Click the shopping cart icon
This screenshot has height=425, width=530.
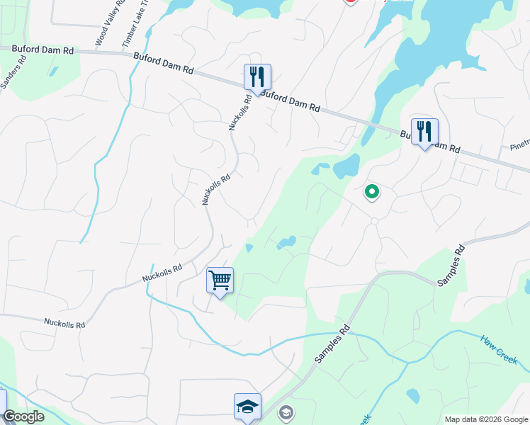click(x=220, y=280)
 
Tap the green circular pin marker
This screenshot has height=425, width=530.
click(x=371, y=191)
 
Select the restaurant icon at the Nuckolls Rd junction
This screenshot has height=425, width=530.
click(x=257, y=76)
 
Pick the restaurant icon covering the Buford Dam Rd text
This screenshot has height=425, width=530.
click(x=424, y=131)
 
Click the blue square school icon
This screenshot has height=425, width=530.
click(x=247, y=407)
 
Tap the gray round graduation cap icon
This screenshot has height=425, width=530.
click(x=286, y=412)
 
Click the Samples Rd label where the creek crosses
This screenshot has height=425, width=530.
click(x=334, y=344)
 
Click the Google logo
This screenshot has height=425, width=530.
click(x=23, y=416)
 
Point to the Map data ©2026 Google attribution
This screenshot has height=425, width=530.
click(x=485, y=419)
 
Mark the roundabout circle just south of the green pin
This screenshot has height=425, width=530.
click(x=374, y=222)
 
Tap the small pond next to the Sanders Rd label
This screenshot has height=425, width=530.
click(x=53, y=71)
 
